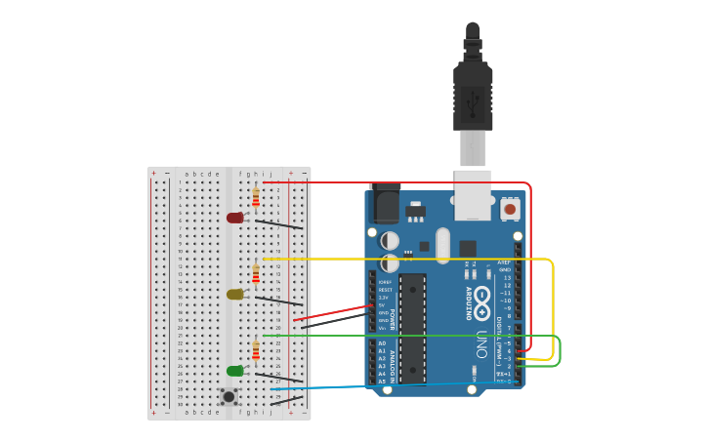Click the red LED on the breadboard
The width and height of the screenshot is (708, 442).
pos(235,218)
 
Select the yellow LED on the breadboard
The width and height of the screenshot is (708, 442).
pos(235,294)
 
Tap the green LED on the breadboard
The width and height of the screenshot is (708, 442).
pos(235,371)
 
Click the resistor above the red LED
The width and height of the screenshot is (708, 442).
pos(256,198)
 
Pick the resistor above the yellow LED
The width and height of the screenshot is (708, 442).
pos(256,273)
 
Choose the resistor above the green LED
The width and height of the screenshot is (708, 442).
pos(256,350)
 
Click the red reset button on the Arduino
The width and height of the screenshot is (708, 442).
pos(509,208)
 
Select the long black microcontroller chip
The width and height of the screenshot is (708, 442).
pos(413,327)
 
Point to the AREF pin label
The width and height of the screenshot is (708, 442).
pos(504,262)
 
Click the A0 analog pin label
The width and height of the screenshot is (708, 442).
pos(382,343)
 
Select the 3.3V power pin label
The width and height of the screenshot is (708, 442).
pos(384,298)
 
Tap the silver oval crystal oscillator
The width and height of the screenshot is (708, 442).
pos(442,245)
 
